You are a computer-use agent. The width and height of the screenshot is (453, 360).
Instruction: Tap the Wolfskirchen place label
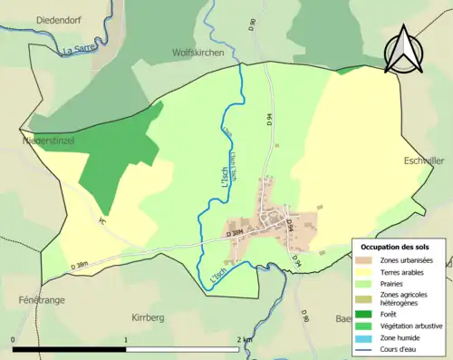[x=198, y=54]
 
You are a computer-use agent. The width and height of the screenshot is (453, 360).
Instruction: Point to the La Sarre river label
[x=79, y=51]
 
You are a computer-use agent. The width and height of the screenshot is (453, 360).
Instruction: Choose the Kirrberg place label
[x=148, y=318]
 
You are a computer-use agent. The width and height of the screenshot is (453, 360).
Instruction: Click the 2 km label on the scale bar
[x=244, y=339]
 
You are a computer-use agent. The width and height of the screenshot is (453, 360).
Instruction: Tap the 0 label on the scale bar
[x=14, y=339]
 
